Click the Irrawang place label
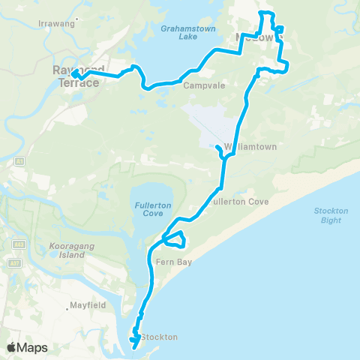pos(58,23)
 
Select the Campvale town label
pos(200,85)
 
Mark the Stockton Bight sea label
pos(331,215)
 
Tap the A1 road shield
pos(18,161)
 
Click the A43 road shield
pos(18,244)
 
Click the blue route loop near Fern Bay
pos(174,239)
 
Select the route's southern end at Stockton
pos(133,346)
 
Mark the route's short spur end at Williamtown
pos(217,148)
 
